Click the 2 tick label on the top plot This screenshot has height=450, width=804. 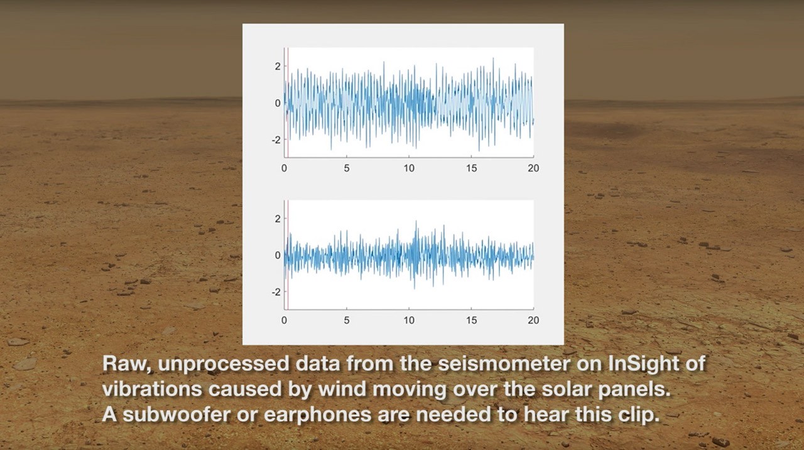point(278,67)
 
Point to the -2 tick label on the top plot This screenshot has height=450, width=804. point(276,140)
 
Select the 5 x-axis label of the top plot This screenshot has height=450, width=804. point(346,168)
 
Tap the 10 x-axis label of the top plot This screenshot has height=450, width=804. point(409,168)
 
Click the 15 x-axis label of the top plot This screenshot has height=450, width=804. point(471,168)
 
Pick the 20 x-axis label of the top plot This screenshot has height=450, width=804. point(533,168)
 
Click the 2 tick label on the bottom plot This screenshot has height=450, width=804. point(278,219)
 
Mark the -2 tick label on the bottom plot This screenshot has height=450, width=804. point(276,292)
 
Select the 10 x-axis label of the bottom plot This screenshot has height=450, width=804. point(409,320)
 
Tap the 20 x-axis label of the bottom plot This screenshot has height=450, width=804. point(533,320)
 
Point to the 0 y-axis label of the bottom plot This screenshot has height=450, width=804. point(278,255)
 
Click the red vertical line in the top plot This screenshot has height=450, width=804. point(288,102)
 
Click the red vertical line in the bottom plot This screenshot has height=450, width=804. point(288,255)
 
